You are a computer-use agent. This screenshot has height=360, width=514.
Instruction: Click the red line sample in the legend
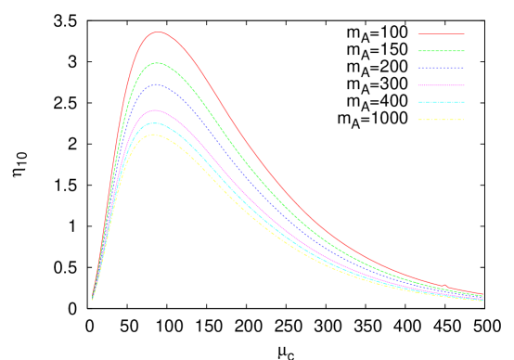441,33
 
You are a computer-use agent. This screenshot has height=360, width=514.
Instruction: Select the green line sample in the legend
441,50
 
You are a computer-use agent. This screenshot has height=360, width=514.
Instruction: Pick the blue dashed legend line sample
441,68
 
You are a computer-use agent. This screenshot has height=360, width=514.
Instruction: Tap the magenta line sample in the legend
441,84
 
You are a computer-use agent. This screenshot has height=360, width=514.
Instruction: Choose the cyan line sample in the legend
441,102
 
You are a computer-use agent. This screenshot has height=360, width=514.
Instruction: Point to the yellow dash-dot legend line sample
441,119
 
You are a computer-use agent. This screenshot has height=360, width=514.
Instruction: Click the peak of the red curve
159,32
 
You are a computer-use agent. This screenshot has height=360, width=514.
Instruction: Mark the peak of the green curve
158,63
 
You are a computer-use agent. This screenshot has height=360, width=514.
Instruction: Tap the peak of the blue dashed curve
157,84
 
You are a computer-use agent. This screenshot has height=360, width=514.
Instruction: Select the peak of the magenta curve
157,110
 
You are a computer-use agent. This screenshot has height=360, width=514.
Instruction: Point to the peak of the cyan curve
156,122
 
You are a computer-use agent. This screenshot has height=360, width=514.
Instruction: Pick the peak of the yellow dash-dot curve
156,135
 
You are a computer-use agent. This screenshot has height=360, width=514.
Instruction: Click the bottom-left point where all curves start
93,300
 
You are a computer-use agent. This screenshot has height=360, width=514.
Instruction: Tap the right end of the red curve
482,294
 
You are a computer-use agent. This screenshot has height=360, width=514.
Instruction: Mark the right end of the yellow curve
482,301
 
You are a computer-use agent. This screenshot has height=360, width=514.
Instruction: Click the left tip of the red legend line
418,33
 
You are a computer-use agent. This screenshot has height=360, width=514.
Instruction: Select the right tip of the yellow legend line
464,119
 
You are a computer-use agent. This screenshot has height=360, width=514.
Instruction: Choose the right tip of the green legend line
464,50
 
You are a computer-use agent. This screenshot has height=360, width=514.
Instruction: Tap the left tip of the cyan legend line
418,102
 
